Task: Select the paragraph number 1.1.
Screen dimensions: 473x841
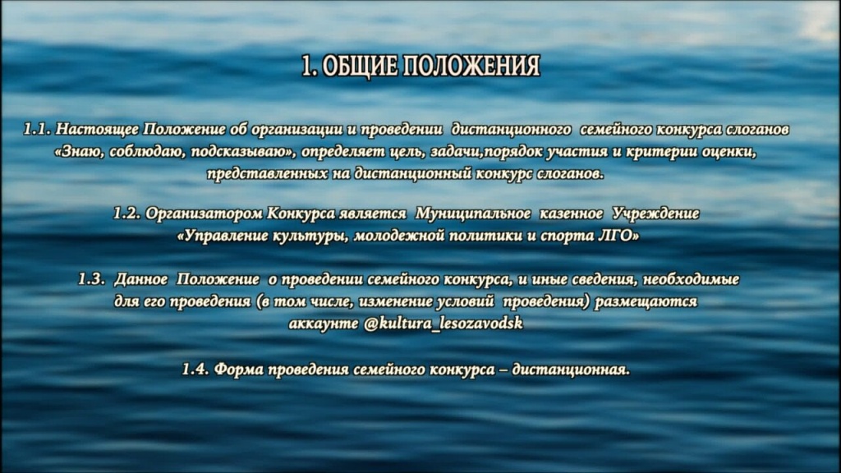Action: click(x=39, y=131)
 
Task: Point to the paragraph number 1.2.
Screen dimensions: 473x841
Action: click(x=127, y=214)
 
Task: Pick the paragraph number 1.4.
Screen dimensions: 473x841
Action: click(x=195, y=369)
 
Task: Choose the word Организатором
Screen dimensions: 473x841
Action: click(x=204, y=214)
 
